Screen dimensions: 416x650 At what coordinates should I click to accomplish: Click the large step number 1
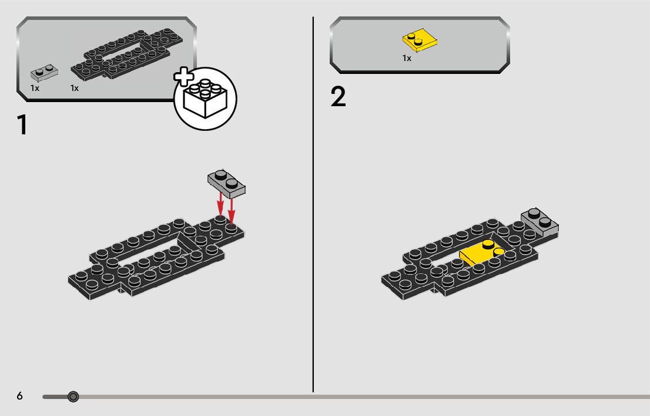[22, 125]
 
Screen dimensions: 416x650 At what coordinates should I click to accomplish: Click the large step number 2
[339, 97]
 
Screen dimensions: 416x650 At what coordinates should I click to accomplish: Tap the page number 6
[19, 396]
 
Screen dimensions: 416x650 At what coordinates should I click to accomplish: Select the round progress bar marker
[73, 397]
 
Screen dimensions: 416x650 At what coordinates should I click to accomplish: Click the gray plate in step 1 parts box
[44, 72]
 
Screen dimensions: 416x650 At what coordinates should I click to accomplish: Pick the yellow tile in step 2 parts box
[420, 40]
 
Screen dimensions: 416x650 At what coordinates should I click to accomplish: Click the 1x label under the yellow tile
[407, 58]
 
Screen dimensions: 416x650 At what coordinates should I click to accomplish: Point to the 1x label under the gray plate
[35, 88]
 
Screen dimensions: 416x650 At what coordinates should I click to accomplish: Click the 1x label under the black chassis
[75, 88]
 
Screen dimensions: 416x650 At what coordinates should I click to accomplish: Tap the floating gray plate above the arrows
[226, 182]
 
